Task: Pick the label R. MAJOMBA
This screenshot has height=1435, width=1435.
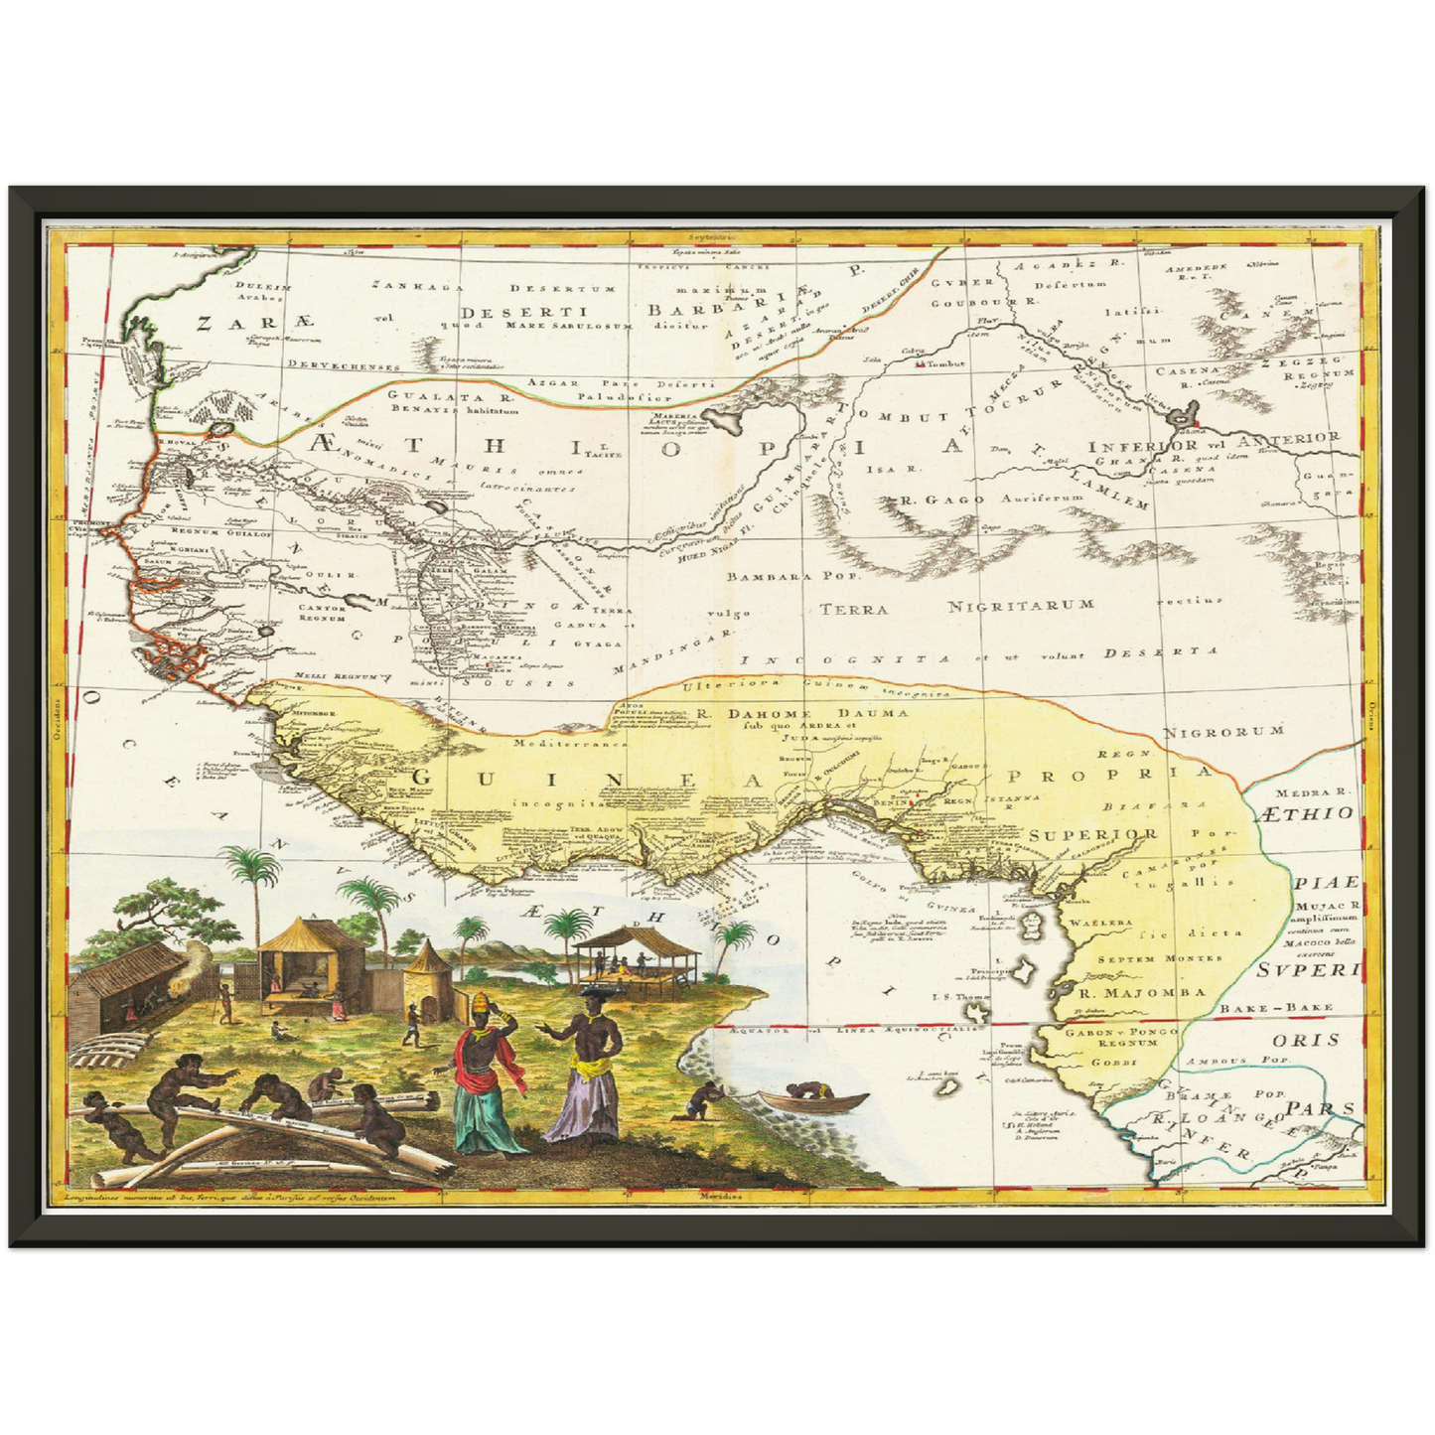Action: pyautogui.click(x=1142, y=991)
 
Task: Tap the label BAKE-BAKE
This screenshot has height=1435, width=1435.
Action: pyautogui.click(x=1291, y=1008)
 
